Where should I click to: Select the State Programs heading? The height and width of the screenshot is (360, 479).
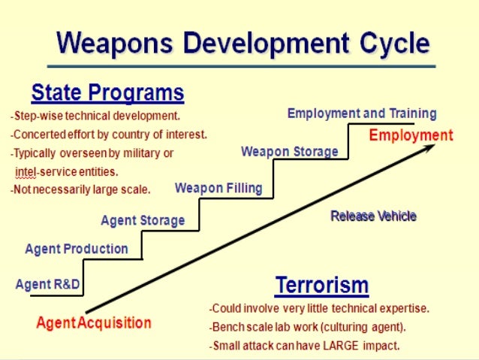[x=107, y=93]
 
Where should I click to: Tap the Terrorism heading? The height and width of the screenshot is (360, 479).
[x=322, y=286]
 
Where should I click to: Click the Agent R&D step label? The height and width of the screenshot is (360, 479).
[x=47, y=285]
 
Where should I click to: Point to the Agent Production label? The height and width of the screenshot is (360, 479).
[x=77, y=249]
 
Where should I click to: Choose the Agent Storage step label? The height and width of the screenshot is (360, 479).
[x=143, y=220]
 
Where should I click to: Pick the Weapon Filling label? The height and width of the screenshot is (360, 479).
[x=218, y=188]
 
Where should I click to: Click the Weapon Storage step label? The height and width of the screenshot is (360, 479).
[x=290, y=152]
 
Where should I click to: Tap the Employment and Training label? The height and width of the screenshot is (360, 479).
[x=362, y=113]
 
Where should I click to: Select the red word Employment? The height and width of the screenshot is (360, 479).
[x=411, y=135]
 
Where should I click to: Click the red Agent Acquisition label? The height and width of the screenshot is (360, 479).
[x=94, y=324]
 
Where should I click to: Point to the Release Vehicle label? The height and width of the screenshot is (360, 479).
[x=373, y=216]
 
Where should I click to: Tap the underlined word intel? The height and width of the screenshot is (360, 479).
[x=26, y=171]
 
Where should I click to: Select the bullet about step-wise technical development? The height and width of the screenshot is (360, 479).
[x=95, y=116]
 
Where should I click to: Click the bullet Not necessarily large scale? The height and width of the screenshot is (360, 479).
[x=80, y=189]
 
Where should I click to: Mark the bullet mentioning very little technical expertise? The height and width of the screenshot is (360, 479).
[x=320, y=308]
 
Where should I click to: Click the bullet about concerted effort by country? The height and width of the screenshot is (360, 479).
[x=108, y=135]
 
